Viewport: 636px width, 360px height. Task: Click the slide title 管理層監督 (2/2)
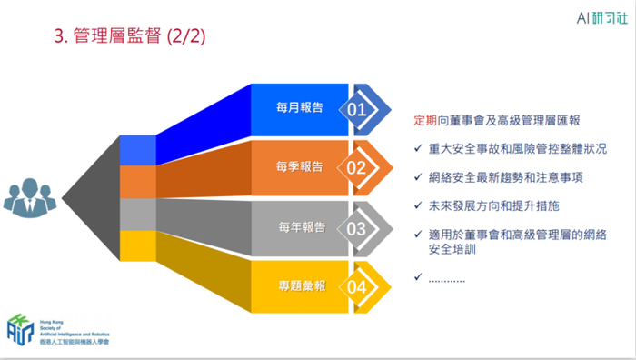tap(130, 35)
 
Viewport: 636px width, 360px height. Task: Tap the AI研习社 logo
tap(602, 18)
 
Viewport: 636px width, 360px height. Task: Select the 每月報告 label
tap(300, 107)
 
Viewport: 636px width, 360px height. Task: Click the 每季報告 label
tap(300, 166)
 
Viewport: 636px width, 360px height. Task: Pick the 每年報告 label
tap(303, 227)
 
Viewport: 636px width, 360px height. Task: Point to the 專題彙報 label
tap(303, 286)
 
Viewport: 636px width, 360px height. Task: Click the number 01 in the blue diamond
tap(356, 110)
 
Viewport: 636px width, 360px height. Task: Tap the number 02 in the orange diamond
tap(356, 168)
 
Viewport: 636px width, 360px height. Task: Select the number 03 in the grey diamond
tap(356, 229)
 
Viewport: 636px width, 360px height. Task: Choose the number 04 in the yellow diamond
tap(356, 287)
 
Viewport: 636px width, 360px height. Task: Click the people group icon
tap(30, 197)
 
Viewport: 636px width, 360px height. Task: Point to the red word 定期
tap(425, 121)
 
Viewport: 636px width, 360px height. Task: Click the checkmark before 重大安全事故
tap(418, 148)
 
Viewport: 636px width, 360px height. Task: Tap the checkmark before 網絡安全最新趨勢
tap(418, 177)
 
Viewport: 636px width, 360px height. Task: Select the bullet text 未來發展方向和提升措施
tap(493, 205)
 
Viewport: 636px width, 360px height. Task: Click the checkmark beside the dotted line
tap(418, 276)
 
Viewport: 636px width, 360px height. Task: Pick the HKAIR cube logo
tap(20, 330)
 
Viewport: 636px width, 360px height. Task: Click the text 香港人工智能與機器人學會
tap(75, 342)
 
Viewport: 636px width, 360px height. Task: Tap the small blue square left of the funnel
tap(138, 151)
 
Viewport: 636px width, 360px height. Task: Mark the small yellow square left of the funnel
tap(138, 246)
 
